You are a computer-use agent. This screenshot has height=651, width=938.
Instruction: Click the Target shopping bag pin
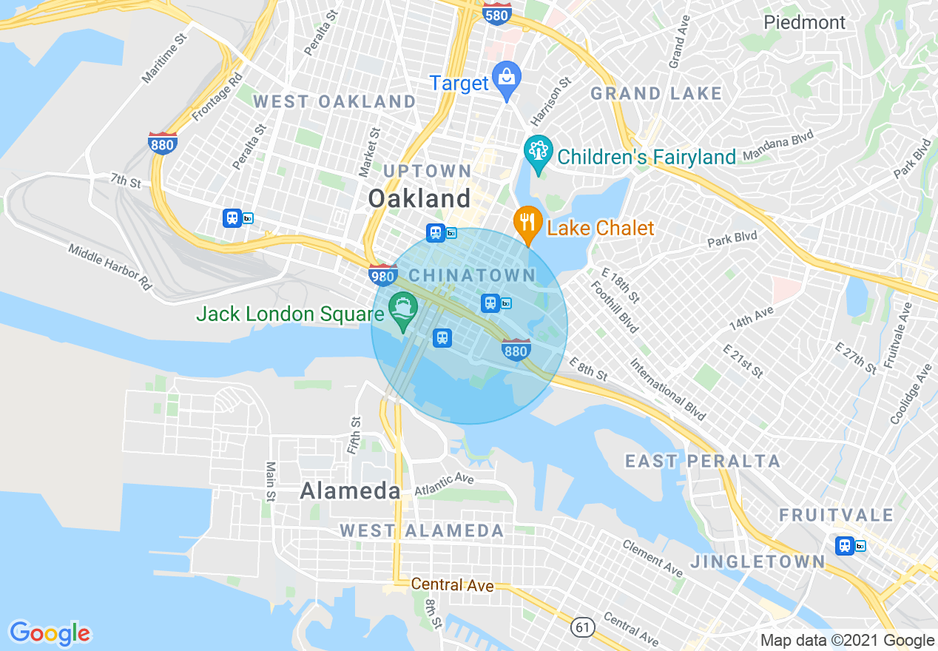pos(507,79)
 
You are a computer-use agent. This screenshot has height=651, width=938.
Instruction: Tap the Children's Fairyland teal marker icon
pos(538,153)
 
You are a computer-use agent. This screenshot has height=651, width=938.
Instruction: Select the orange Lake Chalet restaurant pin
pos(527,223)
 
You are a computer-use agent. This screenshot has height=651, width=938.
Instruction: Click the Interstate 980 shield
pos(382,275)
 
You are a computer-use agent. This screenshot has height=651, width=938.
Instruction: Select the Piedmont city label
pos(804,22)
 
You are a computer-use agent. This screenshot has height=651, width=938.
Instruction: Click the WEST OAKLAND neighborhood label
pos(334,101)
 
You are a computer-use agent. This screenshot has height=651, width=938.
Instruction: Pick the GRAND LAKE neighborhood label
pos(655,93)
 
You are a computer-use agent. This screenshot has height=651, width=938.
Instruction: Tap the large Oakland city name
pos(419,198)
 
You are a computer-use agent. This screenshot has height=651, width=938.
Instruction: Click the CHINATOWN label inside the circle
pos(471,275)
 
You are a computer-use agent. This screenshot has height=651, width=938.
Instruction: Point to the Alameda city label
pos(351,490)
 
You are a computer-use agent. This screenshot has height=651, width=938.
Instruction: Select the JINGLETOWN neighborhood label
pos(758,562)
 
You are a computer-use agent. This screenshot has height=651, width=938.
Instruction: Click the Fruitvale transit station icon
pos(845,546)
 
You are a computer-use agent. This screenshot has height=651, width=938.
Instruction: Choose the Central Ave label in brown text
pos(452,585)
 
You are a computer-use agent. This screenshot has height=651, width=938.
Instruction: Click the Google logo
pos(50,633)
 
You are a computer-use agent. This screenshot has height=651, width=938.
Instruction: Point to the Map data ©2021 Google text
pos(847,641)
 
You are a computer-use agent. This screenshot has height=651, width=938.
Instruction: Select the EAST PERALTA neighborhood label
pos(703,462)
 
